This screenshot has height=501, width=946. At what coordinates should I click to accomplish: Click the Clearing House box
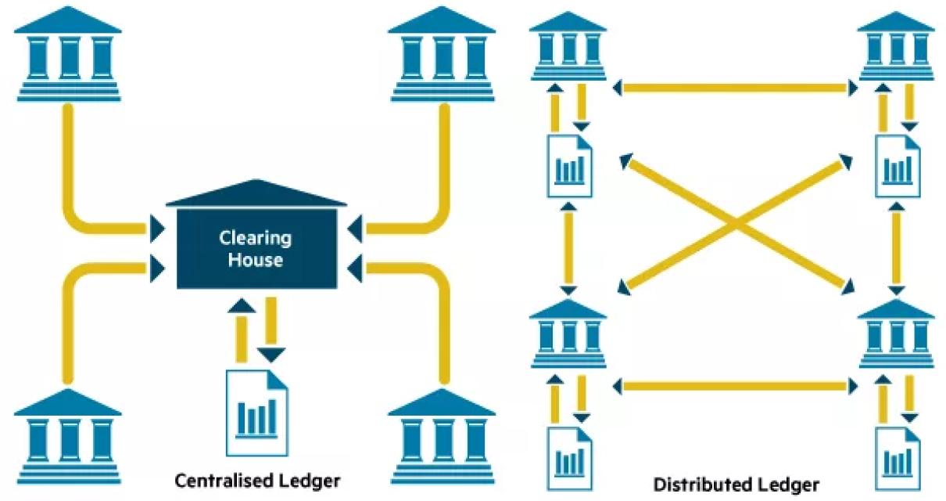[255, 249]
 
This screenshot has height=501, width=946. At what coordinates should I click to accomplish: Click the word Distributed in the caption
[693, 485]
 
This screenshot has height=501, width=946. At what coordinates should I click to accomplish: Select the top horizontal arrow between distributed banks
[734, 87]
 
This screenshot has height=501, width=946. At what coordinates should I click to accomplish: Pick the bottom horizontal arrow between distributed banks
[734, 385]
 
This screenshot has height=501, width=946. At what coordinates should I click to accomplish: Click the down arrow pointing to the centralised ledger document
[271, 330]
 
